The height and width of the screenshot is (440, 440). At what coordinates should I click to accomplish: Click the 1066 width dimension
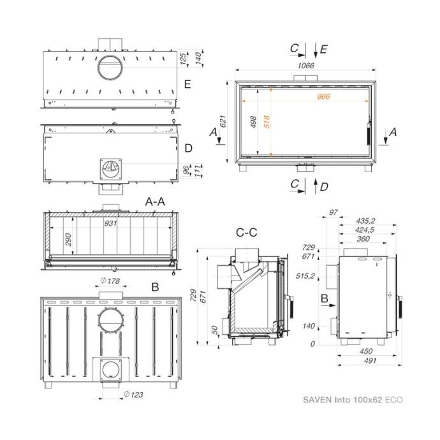click(306, 66)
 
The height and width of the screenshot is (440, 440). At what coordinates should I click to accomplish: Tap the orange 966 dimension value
click(323, 96)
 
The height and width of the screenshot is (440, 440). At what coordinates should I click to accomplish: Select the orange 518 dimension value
click(267, 122)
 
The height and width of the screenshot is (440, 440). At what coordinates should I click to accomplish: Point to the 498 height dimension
click(253, 122)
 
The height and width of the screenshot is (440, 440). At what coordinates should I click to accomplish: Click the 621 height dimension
click(223, 121)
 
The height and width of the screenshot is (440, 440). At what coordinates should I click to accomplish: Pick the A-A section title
click(155, 202)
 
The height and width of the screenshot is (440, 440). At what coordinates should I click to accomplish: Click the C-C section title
click(246, 232)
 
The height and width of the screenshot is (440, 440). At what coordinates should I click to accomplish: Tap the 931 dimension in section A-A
click(110, 223)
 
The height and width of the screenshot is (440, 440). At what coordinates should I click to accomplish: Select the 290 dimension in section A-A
click(68, 239)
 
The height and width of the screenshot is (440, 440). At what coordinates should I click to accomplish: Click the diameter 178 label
click(110, 281)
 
